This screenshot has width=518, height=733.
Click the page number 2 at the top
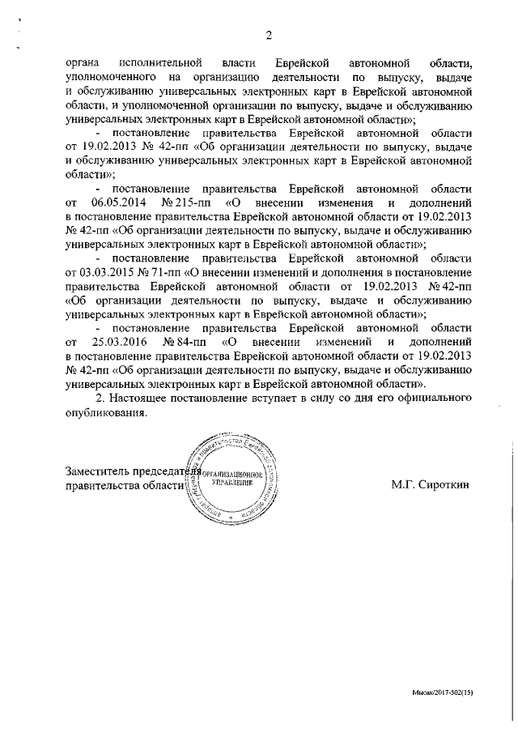coord(268,35)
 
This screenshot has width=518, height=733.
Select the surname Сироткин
coord(444,484)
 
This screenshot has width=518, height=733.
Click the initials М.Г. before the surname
coord(402,484)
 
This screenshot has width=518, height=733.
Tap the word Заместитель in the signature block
coord(101,470)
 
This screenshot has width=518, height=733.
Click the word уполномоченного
coord(111,76)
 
